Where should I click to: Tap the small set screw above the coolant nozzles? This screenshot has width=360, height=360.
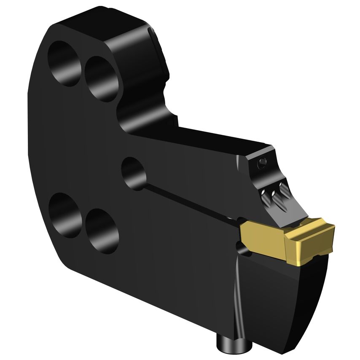point(263,161)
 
